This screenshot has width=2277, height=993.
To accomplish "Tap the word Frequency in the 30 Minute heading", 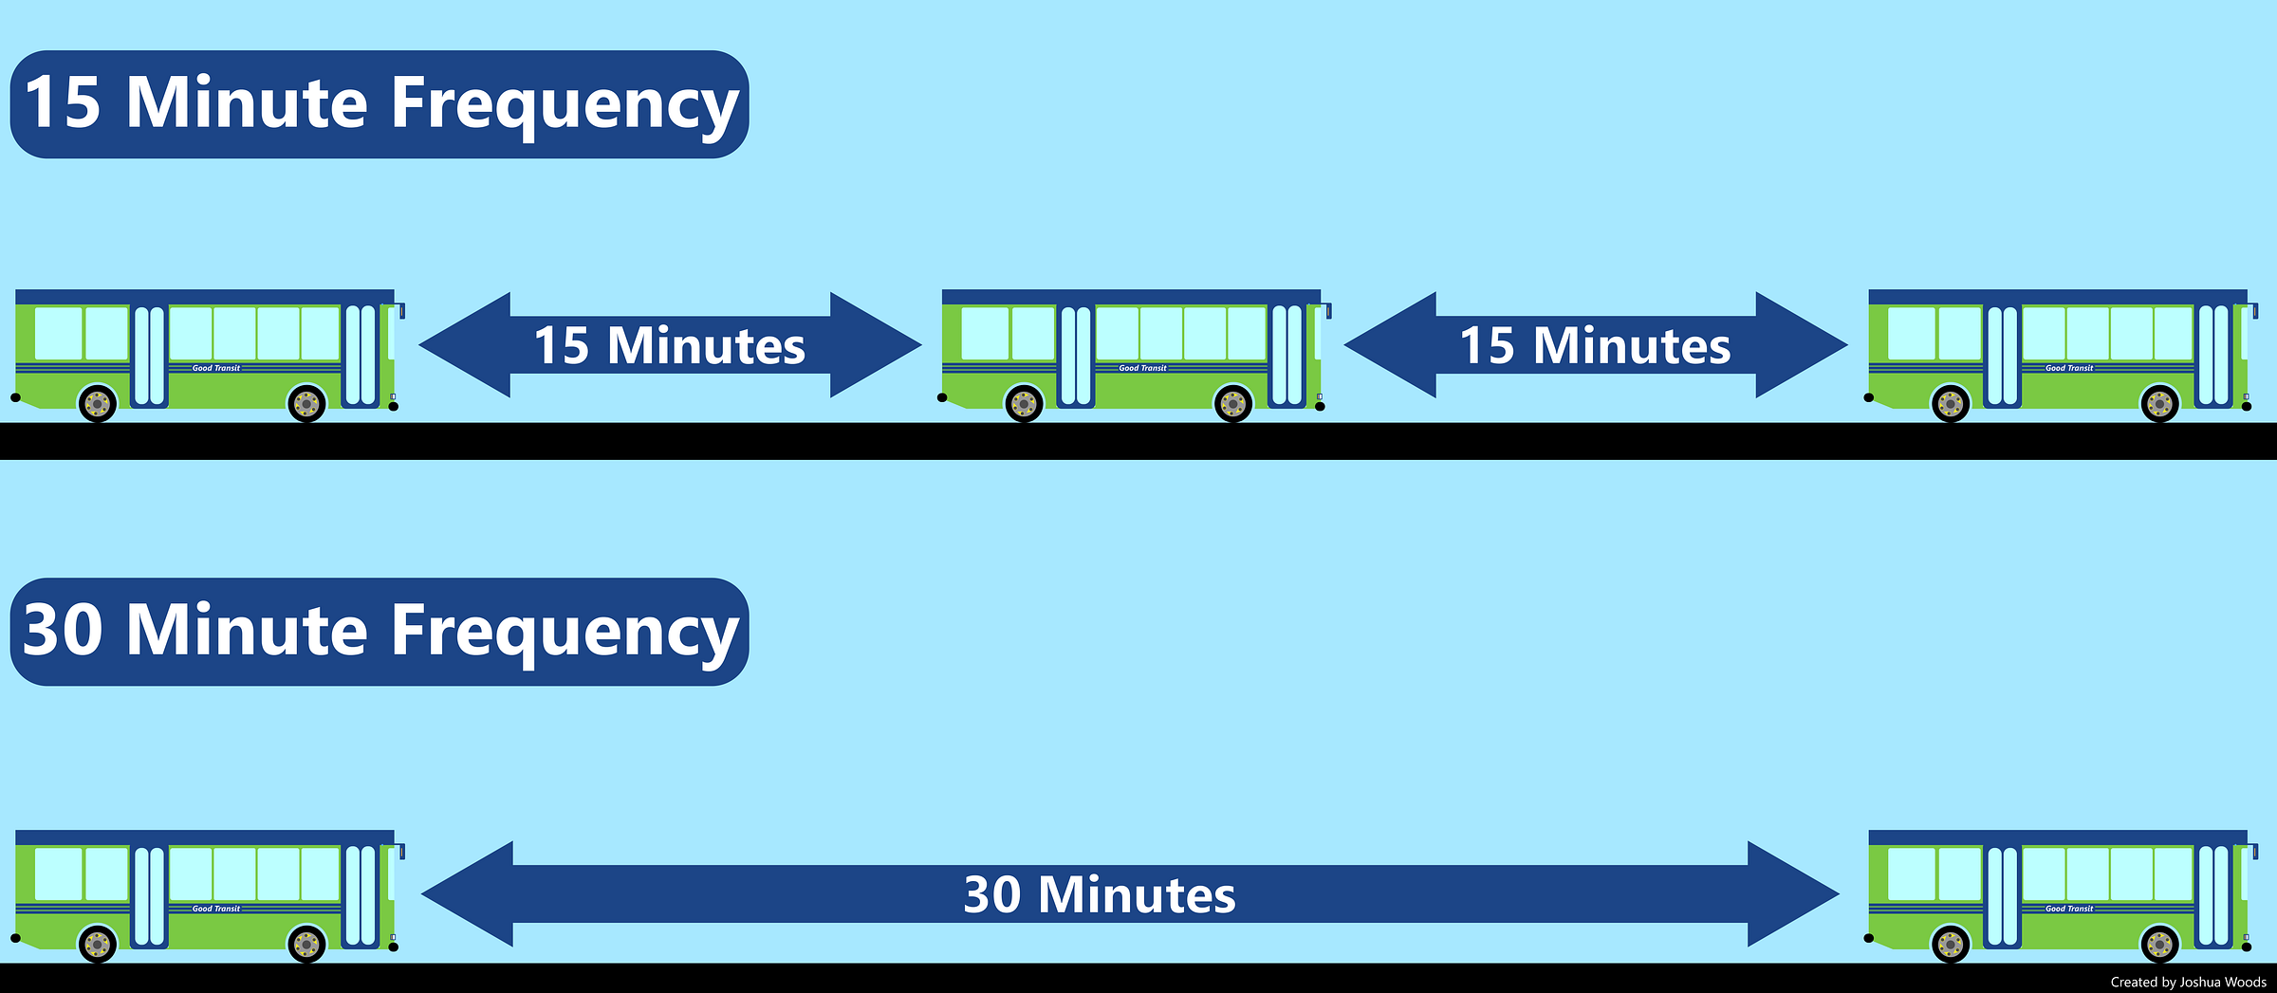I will (x=565, y=631).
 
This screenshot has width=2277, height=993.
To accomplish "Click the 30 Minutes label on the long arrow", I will (x=1100, y=894).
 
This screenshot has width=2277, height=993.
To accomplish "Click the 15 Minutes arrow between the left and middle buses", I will (x=670, y=345).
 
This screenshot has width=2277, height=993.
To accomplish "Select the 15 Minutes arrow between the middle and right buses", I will (x=1596, y=345).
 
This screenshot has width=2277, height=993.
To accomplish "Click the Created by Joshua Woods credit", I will (x=2188, y=983).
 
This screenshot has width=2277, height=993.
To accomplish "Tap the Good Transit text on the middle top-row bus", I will (x=1142, y=368).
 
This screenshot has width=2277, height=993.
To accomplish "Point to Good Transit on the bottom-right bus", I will (x=2069, y=909).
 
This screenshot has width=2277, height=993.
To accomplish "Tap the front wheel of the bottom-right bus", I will (x=2160, y=945).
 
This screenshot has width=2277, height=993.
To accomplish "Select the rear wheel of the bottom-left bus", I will (x=98, y=945).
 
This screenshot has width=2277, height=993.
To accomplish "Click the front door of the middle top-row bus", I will (x=1287, y=355).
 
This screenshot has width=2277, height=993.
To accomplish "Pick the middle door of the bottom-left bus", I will (x=149, y=896).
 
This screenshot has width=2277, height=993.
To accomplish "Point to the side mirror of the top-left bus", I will (x=401, y=311).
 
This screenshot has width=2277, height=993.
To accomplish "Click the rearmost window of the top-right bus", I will (x=1912, y=334).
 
